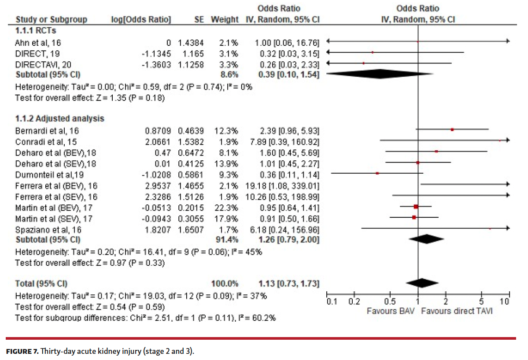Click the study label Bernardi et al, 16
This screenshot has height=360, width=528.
[47, 131]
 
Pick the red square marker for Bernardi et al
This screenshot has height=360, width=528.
[452, 130]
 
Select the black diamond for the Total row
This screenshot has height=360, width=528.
[421, 282]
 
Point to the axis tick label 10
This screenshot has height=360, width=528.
[505, 302]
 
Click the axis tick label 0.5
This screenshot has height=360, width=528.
[390, 302]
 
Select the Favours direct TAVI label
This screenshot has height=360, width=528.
[457, 311]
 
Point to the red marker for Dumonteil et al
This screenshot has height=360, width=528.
[377, 173]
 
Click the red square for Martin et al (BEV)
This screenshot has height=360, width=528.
[416, 206]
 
